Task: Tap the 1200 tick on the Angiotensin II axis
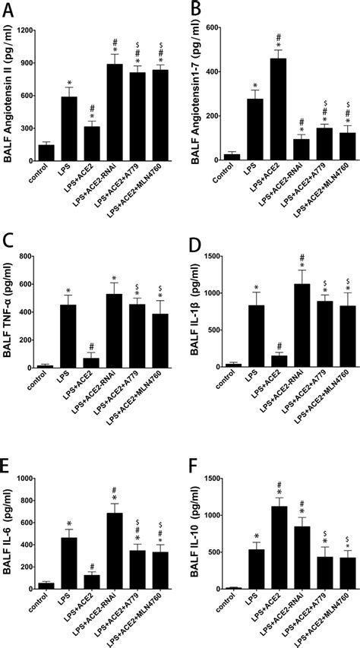[33, 30]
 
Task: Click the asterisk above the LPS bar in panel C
[68, 290]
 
